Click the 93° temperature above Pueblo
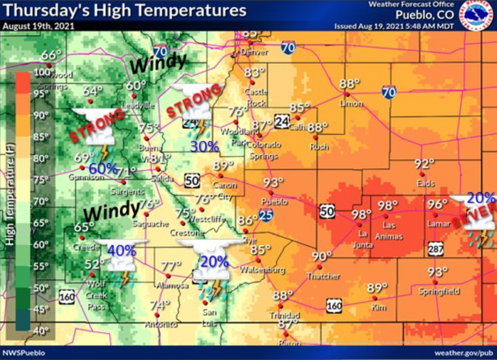[274, 183]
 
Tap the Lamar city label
[439, 224]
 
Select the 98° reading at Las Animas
[388, 206]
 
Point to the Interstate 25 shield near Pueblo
[266, 215]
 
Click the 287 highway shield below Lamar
[435, 249]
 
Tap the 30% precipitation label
[205, 146]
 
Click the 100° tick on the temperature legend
[43, 73]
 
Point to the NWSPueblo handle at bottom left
[23, 353]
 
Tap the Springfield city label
[438, 291]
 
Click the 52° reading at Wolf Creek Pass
[95, 264]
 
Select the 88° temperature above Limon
[350, 83]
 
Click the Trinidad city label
[285, 315]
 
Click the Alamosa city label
[173, 285]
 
